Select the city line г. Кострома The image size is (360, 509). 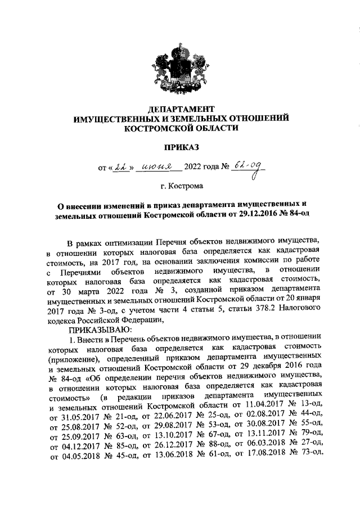coord(181,184)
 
